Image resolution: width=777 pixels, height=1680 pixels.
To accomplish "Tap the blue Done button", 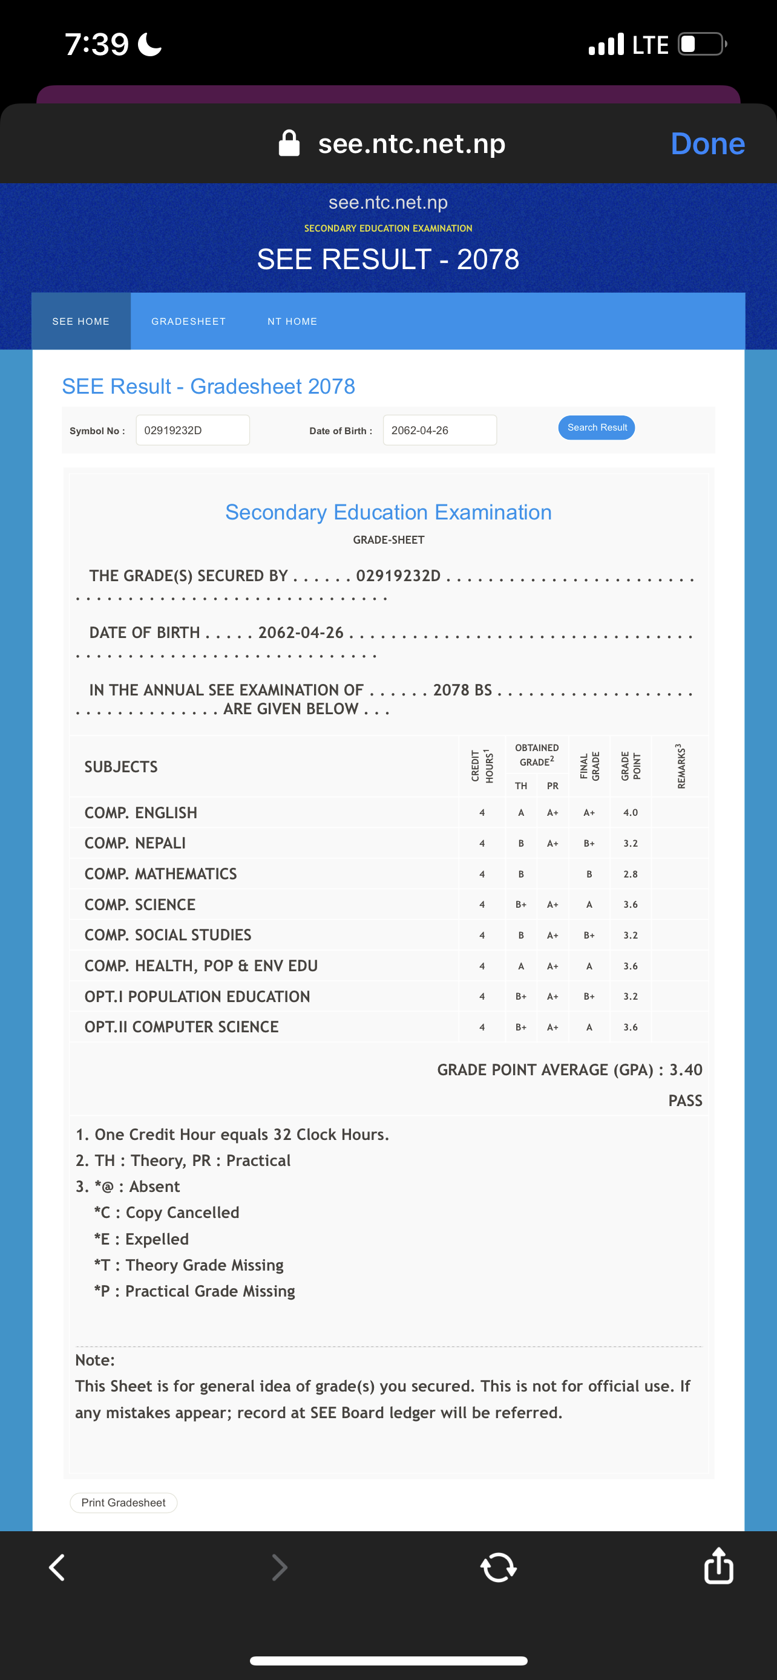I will (707, 143).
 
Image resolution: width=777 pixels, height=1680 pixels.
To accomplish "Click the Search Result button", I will (596, 428).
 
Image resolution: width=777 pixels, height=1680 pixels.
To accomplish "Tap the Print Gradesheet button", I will (123, 1503).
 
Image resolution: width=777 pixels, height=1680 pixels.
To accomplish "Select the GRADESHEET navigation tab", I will (189, 322).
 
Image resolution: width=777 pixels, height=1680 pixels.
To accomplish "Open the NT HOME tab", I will (292, 322).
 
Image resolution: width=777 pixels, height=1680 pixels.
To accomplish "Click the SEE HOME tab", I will (81, 322).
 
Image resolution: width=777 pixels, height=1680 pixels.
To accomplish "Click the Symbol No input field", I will (192, 431).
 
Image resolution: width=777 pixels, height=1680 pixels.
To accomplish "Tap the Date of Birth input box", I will (439, 431).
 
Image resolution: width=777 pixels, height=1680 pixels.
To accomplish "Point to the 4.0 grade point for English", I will (630, 813).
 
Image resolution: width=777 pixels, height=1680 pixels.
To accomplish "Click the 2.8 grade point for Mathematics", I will (630, 874).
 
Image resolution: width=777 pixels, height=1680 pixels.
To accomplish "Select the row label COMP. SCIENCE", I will (140, 905).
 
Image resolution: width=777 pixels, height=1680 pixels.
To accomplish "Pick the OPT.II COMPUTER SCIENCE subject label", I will (182, 1027).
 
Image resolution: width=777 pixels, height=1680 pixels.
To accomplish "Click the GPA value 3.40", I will (686, 1070).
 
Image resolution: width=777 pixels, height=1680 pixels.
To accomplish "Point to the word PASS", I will (685, 1101).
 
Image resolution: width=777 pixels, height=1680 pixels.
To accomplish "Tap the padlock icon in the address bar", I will (289, 143).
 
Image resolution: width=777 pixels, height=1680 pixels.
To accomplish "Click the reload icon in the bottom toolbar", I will (499, 1567).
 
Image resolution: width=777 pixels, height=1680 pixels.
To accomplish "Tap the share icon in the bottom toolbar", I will (718, 1566).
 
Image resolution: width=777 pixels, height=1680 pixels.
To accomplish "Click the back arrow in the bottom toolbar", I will (57, 1567).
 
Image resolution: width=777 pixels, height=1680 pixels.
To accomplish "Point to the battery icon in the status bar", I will (702, 44).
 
